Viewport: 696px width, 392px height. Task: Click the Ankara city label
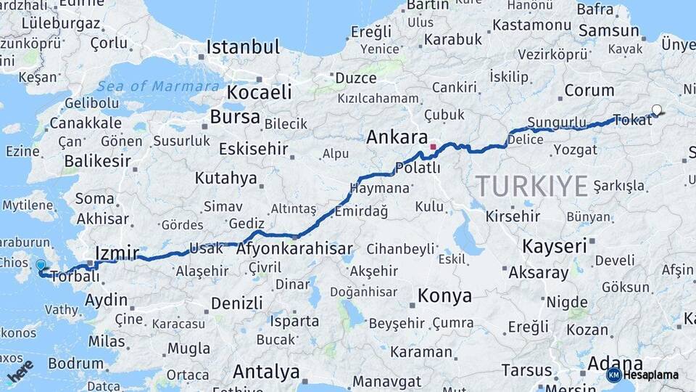pos(397,137)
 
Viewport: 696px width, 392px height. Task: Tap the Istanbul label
pos(243,48)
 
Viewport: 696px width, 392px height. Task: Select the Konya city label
pos(444,296)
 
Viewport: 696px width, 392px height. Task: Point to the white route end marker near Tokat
pos(657,110)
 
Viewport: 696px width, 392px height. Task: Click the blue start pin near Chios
pos(41,266)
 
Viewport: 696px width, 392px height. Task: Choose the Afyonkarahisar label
pos(294,249)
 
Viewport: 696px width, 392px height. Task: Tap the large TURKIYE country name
pos(531,187)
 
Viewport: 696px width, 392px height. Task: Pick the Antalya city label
pos(266,372)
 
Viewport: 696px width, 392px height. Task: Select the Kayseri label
pos(554,246)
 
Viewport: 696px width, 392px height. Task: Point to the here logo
pos(20,371)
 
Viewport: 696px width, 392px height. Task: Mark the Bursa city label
pos(235,117)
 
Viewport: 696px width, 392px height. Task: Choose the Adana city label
pos(596,364)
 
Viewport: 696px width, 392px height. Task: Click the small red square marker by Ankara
pos(434,147)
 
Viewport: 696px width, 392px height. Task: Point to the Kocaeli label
pos(259,92)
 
